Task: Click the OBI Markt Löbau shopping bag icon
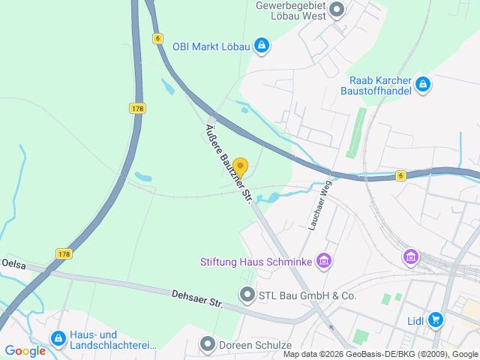(x=260, y=46)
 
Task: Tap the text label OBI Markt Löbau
(x=211, y=46)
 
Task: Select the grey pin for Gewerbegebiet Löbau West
(x=337, y=10)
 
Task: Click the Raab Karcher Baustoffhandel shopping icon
(x=423, y=84)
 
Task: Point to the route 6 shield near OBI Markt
(x=157, y=37)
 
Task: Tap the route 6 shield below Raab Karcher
(x=401, y=175)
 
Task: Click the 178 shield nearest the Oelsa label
(x=64, y=254)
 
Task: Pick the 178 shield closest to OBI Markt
(x=136, y=109)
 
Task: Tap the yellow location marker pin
(x=240, y=166)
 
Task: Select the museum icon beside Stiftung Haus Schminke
(x=324, y=261)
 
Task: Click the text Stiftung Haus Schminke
(x=256, y=262)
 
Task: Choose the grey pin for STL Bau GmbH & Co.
(x=247, y=295)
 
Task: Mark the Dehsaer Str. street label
(x=198, y=299)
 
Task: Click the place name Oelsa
(x=13, y=264)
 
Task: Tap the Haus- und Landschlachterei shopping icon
(x=58, y=339)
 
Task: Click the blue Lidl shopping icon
(x=435, y=320)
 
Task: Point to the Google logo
(x=25, y=350)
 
